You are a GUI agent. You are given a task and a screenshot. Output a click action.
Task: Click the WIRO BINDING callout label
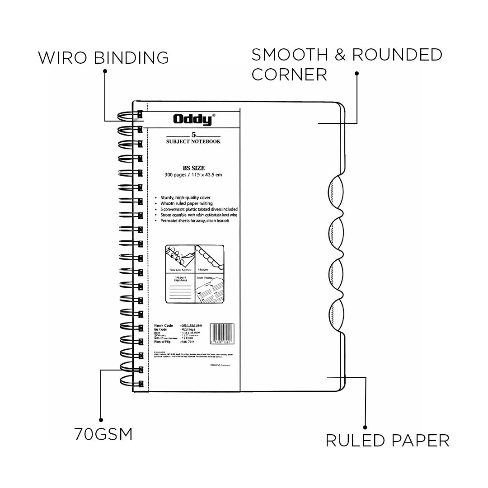pos(103,58)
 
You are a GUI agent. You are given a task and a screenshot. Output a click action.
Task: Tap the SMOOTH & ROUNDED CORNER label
pos(347,64)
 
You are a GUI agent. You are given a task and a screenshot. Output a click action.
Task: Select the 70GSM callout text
pos(103,435)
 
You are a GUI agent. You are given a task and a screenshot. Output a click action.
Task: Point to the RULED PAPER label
pos(387,440)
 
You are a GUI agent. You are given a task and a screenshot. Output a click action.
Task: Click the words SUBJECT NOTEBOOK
pos(193,141)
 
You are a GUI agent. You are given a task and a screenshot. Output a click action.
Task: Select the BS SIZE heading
pos(193,168)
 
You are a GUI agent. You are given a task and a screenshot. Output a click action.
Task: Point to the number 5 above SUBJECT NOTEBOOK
pos(193,135)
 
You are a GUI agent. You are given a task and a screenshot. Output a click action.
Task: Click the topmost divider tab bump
pos(336,192)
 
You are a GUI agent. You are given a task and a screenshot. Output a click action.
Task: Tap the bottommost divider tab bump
pos(336,314)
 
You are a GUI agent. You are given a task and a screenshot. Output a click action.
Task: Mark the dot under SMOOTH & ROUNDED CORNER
pos(357,73)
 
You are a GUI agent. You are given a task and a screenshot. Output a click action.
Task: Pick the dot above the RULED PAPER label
pos(365,427)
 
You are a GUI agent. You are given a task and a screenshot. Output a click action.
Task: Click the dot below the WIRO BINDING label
pos(105,71)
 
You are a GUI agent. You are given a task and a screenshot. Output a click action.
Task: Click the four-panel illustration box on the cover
pos(195,274)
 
